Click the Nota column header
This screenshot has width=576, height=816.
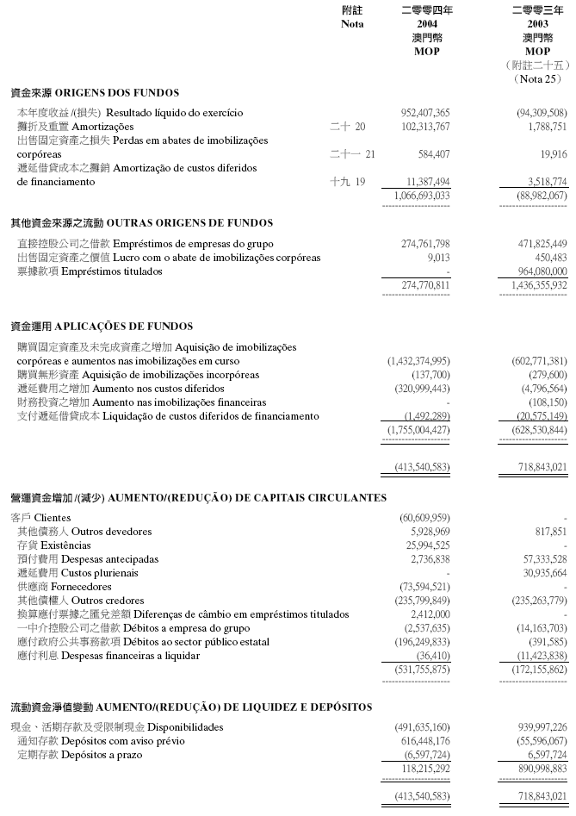coord(352,24)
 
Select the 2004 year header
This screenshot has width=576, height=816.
coord(427,24)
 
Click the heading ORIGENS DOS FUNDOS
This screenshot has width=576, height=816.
coord(95,93)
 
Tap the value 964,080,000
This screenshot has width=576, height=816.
coord(538,271)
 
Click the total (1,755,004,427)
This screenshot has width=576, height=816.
coord(418,429)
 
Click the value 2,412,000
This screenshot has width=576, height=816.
coord(431,614)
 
